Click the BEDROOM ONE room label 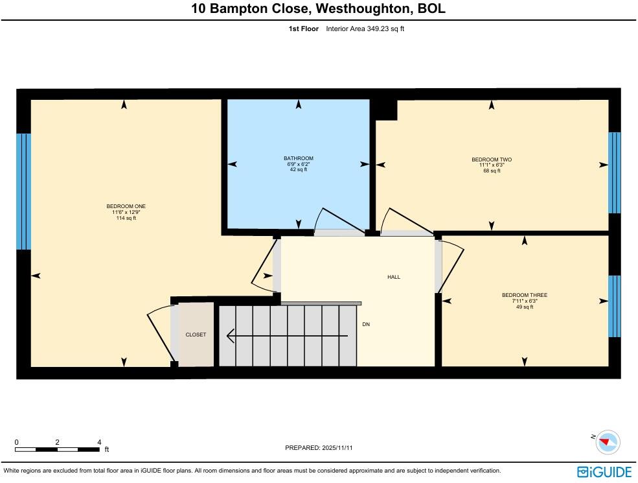(121, 206)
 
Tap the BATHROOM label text (298, 158)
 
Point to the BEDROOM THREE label (524, 295)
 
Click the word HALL (394, 277)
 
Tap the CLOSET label (196, 335)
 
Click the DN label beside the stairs (366, 324)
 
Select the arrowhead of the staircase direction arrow (230, 336)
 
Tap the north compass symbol (608, 442)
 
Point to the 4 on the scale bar (99, 442)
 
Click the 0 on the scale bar (16, 442)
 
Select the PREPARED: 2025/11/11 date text (319, 448)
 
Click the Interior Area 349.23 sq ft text (365, 29)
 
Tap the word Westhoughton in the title (342, 9)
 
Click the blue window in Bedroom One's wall (23, 191)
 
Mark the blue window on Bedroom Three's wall (614, 306)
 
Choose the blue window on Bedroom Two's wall (614, 172)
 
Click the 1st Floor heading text (303, 29)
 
